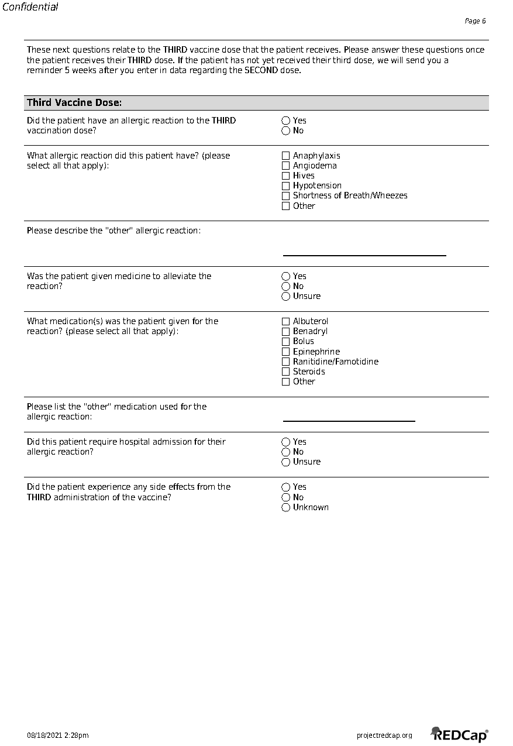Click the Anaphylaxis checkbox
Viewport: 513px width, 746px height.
[285, 156]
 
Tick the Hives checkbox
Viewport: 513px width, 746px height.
[285, 176]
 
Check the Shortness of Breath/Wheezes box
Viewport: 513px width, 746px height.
[285, 195]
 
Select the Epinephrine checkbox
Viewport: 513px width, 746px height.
[285, 352]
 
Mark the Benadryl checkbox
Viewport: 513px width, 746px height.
[285, 331]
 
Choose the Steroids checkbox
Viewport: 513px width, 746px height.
[285, 372]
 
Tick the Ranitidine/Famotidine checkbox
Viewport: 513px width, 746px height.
[285, 362]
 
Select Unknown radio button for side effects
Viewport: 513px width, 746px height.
[285, 507]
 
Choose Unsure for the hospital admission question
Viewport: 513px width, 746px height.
[285, 462]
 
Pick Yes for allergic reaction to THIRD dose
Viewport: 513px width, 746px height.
[285, 121]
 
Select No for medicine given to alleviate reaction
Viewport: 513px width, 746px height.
[285, 286]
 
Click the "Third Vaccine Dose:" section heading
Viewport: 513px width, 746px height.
[74, 103]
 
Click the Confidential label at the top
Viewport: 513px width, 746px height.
[30, 7]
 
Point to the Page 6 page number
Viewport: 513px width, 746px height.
[475, 21]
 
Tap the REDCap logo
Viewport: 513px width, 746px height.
[460, 734]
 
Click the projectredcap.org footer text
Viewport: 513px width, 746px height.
[384, 735]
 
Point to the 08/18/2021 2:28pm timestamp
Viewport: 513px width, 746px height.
[58, 735]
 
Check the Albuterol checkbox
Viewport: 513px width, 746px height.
[285, 321]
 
